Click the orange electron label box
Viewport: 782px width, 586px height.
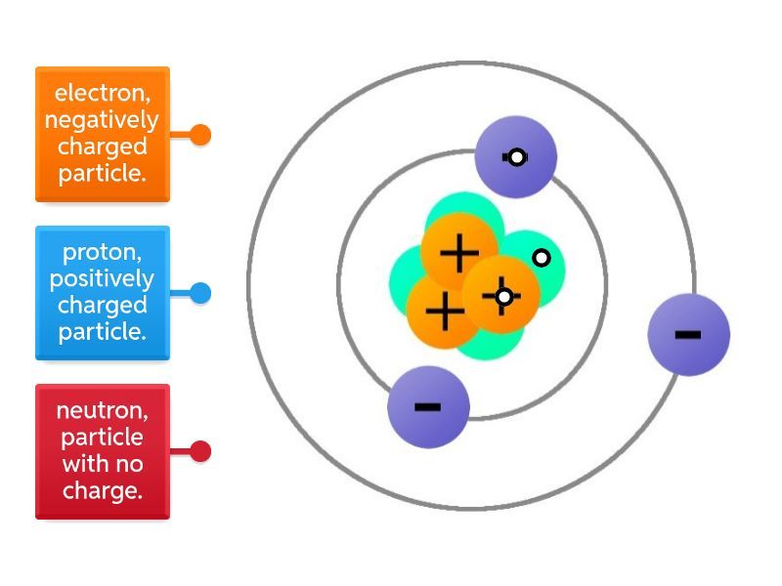[103, 134]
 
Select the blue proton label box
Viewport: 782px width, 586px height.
[103, 293]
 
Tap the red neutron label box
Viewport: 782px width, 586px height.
[103, 451]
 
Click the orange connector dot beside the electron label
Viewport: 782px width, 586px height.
[200, 135]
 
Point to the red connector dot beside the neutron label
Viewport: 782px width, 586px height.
[200, 451]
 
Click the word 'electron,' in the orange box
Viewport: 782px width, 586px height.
[103, 94]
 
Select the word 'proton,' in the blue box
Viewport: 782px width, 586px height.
[103, 253]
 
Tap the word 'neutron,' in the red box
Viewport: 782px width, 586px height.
[103, 410]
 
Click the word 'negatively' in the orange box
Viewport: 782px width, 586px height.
[102, 120]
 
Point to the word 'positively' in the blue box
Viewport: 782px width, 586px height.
[102, 279]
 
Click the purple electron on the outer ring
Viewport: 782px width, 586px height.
[688, 334]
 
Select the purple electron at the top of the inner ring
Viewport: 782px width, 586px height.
[516, 156]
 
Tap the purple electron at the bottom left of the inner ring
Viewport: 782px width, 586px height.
[428, 406]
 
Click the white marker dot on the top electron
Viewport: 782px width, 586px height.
[517, 157]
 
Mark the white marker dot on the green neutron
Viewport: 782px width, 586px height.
[541, 258]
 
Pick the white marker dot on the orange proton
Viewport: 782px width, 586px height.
[503, 296]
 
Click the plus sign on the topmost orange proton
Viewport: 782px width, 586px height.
[458, 254]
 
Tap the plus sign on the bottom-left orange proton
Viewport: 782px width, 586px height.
[445, 314]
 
